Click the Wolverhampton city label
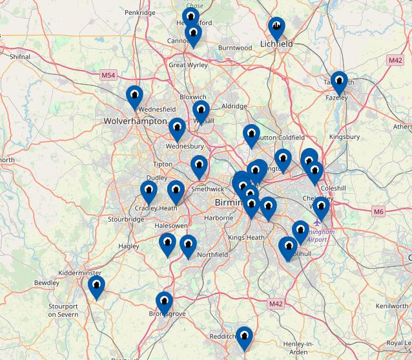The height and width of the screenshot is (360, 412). pos(135,121)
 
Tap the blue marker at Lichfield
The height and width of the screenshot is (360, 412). pos(276,28)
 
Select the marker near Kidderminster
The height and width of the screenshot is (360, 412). pos(96,286)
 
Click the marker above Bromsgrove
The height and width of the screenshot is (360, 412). pos(165,302)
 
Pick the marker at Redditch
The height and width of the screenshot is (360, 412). pos(243,337)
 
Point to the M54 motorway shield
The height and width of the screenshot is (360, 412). pos(108,76)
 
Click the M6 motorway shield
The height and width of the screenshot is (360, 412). pos(378,211)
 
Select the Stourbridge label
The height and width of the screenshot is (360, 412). pos(126,219)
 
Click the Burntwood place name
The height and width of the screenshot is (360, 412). pos(235,48)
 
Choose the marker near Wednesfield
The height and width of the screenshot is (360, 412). pos(134,97)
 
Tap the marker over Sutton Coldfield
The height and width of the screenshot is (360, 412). pos(251,135)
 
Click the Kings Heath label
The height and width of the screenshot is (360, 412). pos(246,238)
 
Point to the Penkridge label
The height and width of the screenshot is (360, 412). pos(140,12)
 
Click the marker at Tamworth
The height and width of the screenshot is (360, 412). pos(338,82)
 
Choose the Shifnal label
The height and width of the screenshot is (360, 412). pos(20,57)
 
